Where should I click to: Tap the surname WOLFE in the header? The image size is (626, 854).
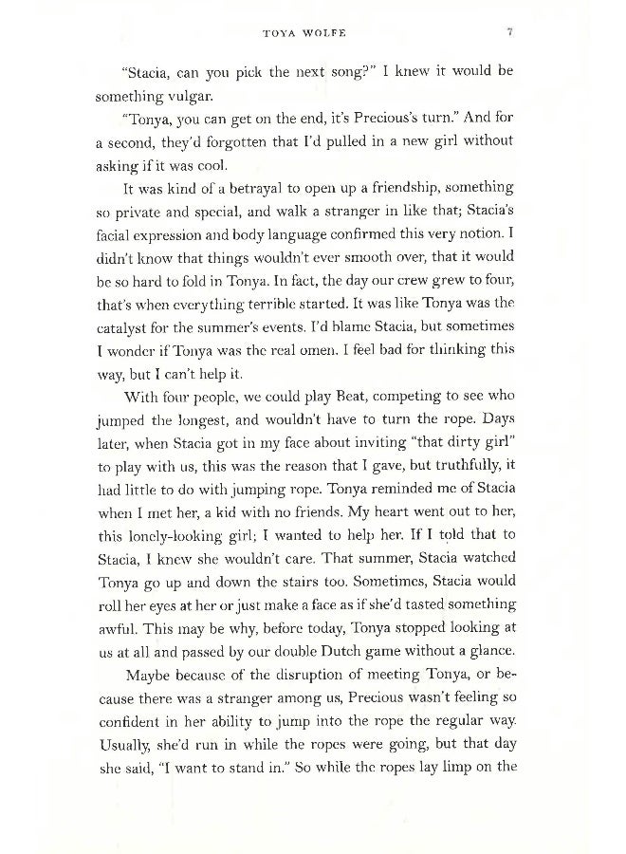click(326, 33)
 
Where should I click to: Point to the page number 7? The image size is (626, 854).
click(509, 33)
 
